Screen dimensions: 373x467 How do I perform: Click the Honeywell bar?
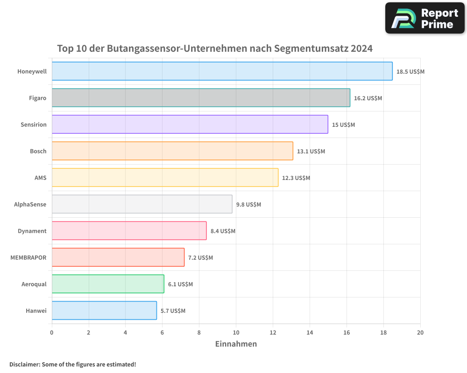pos(222,71)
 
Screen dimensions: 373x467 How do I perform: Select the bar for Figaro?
pos(201,98)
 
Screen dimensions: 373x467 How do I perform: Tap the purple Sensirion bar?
pos(190,124)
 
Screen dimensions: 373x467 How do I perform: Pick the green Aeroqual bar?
pos(108,284)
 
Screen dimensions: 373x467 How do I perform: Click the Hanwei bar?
pos(104,311)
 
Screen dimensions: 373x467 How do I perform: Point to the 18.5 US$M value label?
pos(410,72)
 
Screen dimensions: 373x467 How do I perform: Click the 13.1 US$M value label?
pos(311,152)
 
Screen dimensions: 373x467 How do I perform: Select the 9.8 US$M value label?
pos(248,205)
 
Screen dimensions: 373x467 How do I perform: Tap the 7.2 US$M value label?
pos(200,258)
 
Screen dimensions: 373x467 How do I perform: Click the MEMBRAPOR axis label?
pos(28,257)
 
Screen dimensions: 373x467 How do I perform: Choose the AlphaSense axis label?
pos(30,204)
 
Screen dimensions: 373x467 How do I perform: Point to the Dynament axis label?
pos(32,231)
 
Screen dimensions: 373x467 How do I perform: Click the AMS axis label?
pos(41,178)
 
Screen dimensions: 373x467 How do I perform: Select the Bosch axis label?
pos(38,151)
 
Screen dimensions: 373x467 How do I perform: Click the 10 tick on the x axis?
pos(236,332)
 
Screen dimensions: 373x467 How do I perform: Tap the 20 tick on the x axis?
pos(420,332)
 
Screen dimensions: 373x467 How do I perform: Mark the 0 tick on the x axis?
pos(52,332)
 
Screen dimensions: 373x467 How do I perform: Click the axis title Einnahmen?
pos(236,344)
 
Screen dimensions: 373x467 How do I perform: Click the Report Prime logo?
pos(425,18)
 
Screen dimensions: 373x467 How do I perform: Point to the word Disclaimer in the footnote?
pos(24,364)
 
